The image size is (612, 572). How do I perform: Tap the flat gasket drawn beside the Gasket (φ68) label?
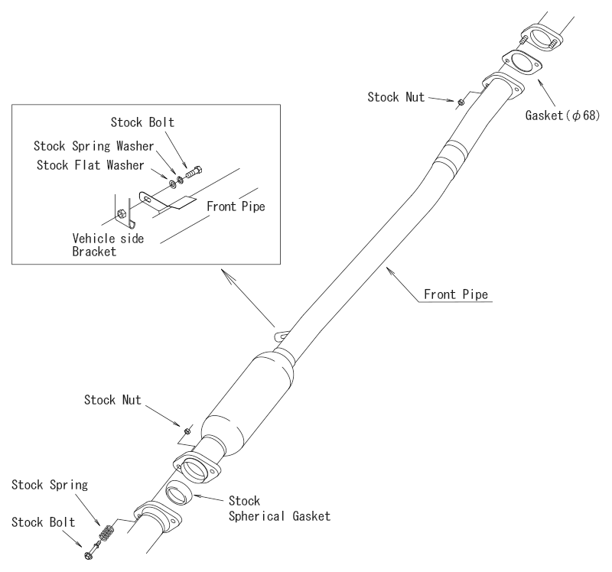click(x=522, y=64)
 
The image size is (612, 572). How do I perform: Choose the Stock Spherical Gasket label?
click(x=279, y=509)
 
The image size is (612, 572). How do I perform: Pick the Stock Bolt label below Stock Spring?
click(x=43, y=522)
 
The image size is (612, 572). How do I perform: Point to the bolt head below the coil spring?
click(x=90, y=554)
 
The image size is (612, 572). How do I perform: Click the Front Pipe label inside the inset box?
click(x=236, y=207)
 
